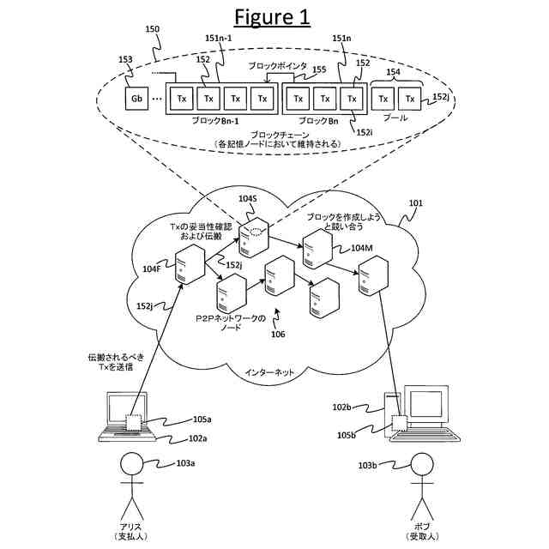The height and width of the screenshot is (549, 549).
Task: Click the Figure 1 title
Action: (x=274, y=19)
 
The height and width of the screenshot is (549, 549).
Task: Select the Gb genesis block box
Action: (x=136, y=99)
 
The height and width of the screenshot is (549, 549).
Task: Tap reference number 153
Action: (x=125, y=59)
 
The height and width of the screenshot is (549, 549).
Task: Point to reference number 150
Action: (x=153, y=29)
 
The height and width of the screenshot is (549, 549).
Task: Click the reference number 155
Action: (x=319, y=69)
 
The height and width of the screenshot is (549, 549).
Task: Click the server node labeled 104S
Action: (x=256, y=238)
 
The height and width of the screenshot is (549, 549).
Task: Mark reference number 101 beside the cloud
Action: (x=415, y=204)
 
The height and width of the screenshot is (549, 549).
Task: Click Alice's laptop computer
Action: (x=125, y=416)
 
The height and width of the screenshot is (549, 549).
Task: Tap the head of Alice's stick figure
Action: (x=131, y=464)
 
